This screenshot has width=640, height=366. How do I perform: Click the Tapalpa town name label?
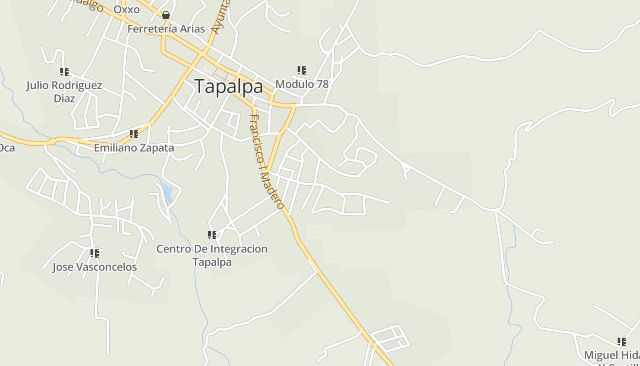pos(229,86)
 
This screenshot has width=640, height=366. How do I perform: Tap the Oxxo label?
pos(127,10)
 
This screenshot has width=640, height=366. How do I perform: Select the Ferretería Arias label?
pos(166,29)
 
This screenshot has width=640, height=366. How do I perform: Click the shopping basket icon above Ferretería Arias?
pos(166,15)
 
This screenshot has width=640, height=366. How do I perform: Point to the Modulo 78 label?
pos(302,84)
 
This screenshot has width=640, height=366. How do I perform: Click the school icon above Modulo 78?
pos(302,70)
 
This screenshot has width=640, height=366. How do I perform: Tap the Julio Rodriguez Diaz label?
pos(64,91)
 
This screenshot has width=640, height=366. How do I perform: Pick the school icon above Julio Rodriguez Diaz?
pos(64,72)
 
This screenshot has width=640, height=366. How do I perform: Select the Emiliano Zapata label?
pos(134,148)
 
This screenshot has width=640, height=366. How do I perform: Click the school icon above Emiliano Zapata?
pos(134,134)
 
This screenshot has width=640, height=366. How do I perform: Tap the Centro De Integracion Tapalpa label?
pos(212,255)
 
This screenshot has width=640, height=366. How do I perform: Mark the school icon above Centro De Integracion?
pos(212,235)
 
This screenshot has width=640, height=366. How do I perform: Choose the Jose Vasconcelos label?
pos(95,267)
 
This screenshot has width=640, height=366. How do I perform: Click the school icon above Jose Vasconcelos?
pos(95,253)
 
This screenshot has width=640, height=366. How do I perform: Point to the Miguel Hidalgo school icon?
pos(622,342)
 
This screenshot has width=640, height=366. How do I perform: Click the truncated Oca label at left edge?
pos(7,148)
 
